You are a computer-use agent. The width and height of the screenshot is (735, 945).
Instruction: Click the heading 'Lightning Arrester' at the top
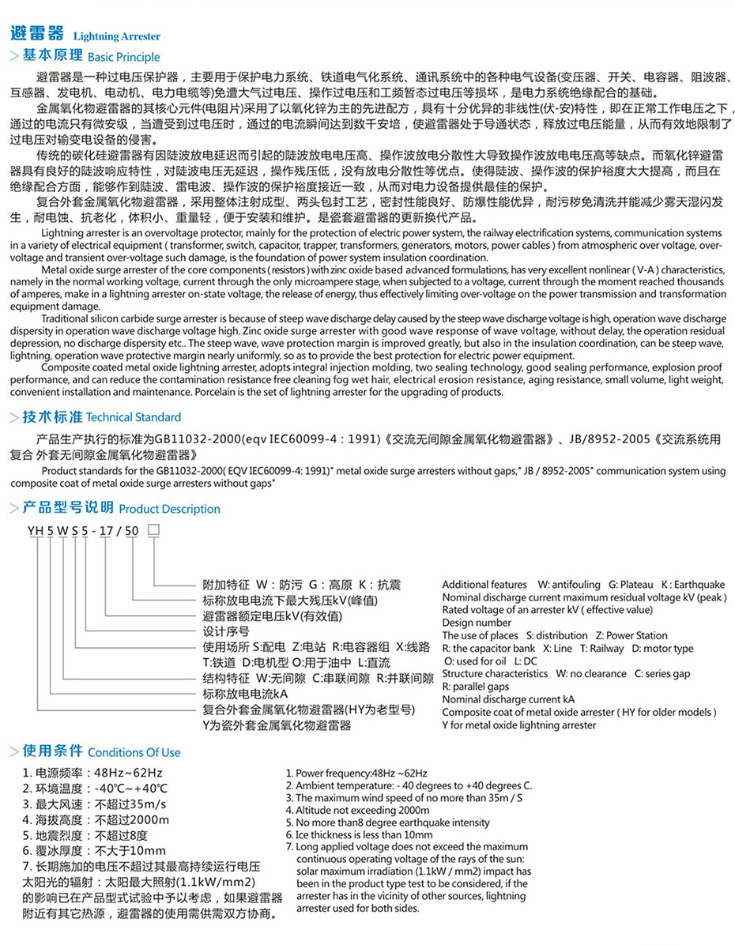click(116, 36)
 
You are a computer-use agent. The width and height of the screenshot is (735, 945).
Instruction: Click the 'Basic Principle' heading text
click(123, 57)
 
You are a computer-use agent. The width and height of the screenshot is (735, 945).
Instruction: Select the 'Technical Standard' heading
click(134, 417)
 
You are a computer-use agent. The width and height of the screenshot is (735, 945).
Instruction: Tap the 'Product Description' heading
click(169, 509)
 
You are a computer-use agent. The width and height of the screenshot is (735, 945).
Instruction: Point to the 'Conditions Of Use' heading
click(134, 752)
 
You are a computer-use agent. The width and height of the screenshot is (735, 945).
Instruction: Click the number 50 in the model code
click(133, 530)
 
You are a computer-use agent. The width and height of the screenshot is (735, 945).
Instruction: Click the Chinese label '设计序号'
click(226, 631)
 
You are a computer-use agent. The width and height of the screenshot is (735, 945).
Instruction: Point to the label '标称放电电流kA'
click(245, 693)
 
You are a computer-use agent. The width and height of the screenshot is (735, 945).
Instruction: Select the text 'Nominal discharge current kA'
click(508, 699)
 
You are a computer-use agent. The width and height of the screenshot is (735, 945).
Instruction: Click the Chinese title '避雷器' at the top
click(36, 34)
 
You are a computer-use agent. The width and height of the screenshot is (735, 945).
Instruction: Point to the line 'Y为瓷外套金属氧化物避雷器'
click(277, 725)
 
